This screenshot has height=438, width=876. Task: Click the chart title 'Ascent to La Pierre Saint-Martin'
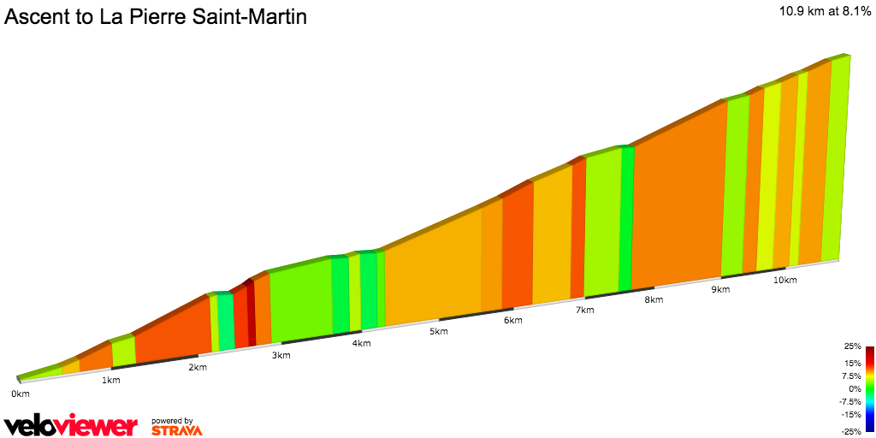156,16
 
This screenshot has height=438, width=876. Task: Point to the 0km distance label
21,394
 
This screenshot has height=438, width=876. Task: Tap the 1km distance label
110,380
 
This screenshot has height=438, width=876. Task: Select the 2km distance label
198,367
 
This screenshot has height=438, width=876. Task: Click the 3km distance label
280,355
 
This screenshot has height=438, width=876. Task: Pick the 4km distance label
361,343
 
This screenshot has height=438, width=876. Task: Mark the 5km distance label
439,332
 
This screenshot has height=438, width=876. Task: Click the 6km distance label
513,321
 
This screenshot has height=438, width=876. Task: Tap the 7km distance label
585,310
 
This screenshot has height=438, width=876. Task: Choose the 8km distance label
654,299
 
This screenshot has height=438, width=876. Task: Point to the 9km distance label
720,290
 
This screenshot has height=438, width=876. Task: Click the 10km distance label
784,280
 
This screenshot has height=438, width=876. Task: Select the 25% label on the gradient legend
852,346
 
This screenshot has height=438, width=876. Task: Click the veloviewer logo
71,425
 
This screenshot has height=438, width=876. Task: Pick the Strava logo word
177,430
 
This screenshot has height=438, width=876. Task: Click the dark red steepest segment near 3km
252,317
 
